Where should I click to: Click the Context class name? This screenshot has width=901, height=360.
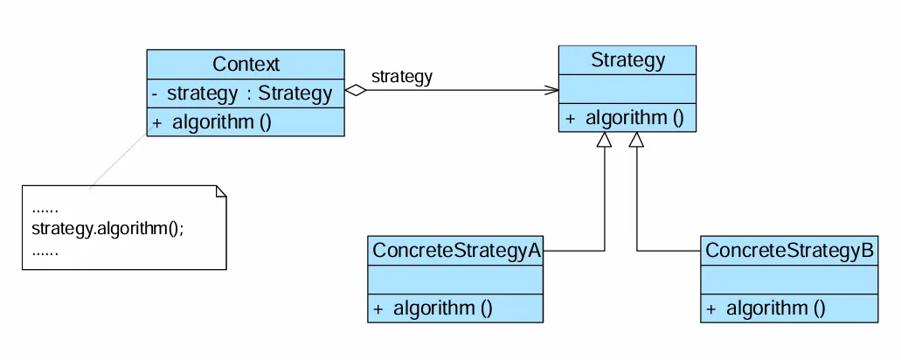[246, 64]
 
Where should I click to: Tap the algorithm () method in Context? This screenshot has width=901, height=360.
[211, 122]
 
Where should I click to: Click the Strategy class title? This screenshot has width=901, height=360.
[627, 60]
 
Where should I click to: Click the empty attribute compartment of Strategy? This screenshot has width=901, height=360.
[627, 90]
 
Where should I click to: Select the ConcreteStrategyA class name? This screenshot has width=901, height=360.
[455, 251]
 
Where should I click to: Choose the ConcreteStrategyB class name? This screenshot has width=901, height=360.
[788, 251]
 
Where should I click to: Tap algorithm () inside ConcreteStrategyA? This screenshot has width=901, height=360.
[433, 308]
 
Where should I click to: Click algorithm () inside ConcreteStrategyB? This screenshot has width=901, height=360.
[766, 308]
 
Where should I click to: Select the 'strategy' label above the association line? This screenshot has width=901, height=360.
[402, 76]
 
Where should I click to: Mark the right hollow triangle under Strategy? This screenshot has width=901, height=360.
[637, 140]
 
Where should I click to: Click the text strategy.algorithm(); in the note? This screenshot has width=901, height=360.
[107, 230]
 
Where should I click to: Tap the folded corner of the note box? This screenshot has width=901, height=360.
[220, 190]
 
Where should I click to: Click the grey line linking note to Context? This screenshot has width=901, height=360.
[118, 161]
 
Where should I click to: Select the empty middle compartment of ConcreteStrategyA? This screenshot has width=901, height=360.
[455, 280]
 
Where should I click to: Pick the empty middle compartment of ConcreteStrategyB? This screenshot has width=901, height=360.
[788, 280]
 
